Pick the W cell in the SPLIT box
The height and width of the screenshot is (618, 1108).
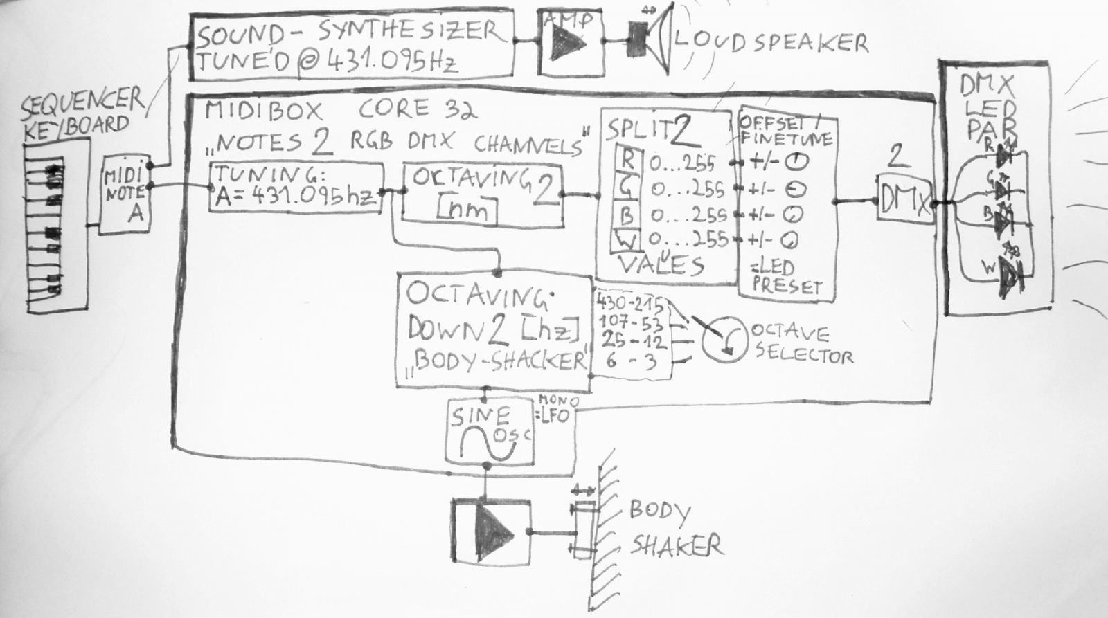[626, 241]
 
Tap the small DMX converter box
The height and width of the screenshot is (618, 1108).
[904, 199]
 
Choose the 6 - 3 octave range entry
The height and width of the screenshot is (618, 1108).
[630, 361]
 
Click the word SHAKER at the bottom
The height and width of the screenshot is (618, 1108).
[676, 546]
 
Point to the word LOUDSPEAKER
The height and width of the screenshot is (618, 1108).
[771, 42]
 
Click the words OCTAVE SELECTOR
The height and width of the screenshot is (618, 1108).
[801, 344]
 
